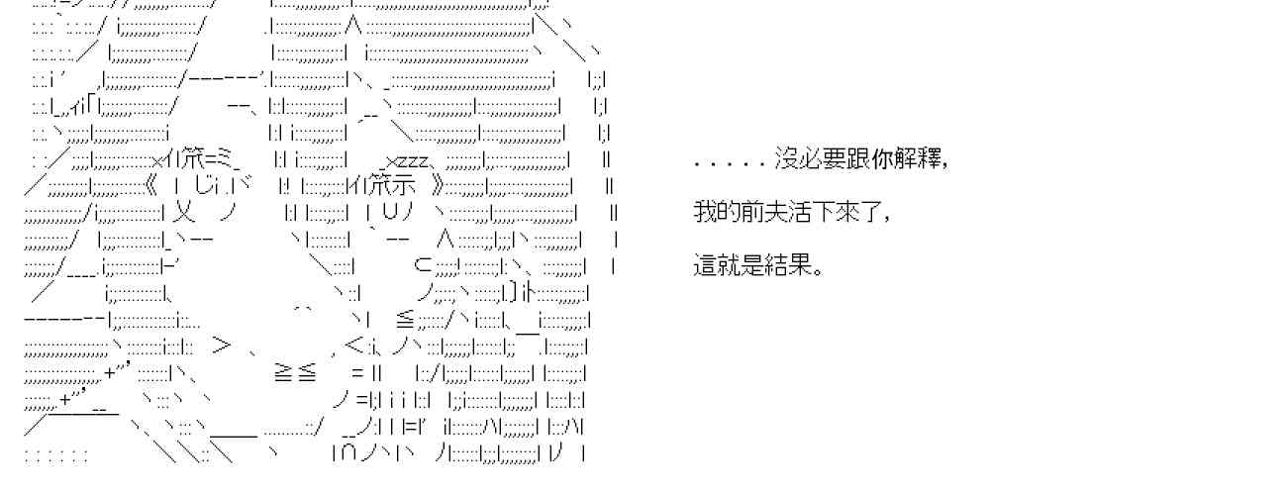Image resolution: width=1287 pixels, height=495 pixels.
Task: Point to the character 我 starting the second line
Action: point(704,213)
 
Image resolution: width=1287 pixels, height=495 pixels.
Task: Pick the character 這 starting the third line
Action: point(704,266)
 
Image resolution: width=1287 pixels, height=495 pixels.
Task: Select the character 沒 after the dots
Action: point(785,159)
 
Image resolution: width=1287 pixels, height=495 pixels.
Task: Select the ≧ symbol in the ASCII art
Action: point(282,372)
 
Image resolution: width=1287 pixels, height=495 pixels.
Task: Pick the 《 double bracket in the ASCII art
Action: point(149,186)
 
